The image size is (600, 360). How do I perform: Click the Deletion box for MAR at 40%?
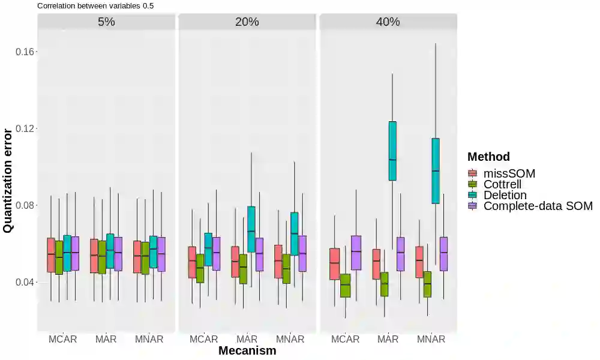[392, 151]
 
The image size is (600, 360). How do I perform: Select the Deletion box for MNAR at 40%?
[436, 171]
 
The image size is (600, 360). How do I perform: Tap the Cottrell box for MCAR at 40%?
[345, 286]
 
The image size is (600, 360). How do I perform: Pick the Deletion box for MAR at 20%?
[251, 230]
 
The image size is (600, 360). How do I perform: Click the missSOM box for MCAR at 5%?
[51, 255]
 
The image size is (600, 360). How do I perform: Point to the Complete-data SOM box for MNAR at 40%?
[444, 254]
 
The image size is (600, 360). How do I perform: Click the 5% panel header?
[106, 22]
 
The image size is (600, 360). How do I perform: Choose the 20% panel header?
[247, 22]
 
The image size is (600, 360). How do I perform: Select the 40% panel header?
[388, 22]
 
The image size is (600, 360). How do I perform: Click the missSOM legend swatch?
[473, 174]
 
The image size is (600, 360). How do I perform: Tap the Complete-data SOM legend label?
[538, 206]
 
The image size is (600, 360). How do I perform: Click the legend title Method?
[488, 157]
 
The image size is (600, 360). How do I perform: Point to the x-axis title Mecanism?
[247, 350]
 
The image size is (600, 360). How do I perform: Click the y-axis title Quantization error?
[8, 180]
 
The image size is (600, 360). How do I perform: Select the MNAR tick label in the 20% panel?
[290, 339]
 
